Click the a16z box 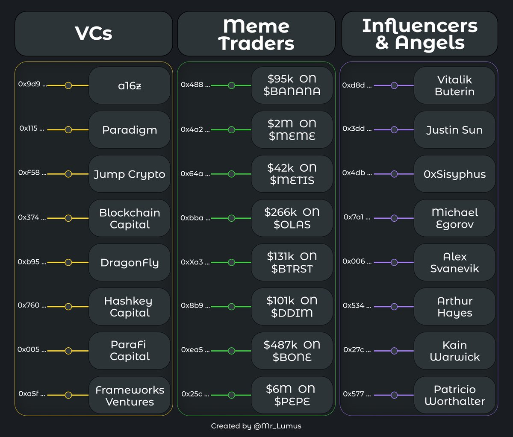[x=130, y=85]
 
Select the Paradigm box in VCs [x=130, y=130]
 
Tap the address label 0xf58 [x=29, y=173]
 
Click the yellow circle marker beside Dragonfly [x=68, y=262]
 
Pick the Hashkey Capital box [x=130, y=307]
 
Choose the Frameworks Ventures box [x=130, y=396]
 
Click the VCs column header [x=94, y=34]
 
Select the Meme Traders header [x=256, y=34]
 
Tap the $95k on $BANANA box [x=292, y=85]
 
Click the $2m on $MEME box [x=292, y=129]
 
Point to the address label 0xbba [x=192, y=218]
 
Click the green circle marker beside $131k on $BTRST [x=231, y=262]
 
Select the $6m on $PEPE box [x=292, y=395]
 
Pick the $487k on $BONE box [x=292, y=351]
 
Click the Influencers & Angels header [x=419, y=34]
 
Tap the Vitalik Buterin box [x=454, y=85]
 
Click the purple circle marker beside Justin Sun [x=394, y=129]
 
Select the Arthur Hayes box [x=454, y=307]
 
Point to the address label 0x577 [x=354, y=394]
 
